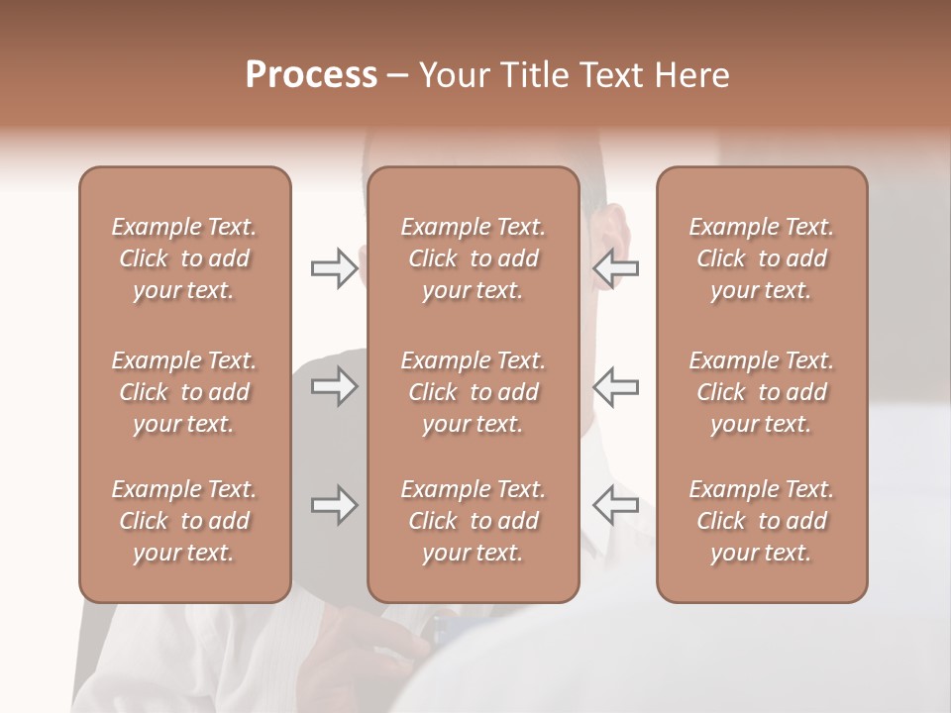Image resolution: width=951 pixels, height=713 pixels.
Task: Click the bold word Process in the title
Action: click(311, 75)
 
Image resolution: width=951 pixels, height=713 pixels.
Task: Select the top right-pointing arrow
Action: click(335, 268)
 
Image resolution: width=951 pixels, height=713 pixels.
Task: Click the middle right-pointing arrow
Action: click(335, 386)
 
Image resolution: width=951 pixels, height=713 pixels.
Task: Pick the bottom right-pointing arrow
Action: click(335, 505)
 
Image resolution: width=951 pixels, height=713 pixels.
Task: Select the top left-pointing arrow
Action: click(615, 268)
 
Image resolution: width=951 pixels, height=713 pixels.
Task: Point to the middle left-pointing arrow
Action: click(615, 386)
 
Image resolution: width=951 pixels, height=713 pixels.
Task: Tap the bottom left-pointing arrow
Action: click(615, 505)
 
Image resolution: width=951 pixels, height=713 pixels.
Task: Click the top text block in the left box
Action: click(184, 258)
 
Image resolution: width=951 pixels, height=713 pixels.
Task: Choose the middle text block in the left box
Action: click(184, 392)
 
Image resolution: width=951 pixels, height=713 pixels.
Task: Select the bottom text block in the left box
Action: click(184, 521)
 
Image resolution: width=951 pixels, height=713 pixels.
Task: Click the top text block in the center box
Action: click(473, 258)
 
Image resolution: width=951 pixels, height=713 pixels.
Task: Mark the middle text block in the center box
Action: click(473, 392)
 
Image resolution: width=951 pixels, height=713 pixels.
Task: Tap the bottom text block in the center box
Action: click(473, 521)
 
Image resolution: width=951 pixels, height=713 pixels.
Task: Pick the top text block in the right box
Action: click(761, 258)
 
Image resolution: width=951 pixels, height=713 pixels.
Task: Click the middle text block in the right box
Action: click(761, 392)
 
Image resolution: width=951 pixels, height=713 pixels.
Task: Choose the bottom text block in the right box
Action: click(761, 521)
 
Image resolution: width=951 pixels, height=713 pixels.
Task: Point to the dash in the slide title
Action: click(398, 76)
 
